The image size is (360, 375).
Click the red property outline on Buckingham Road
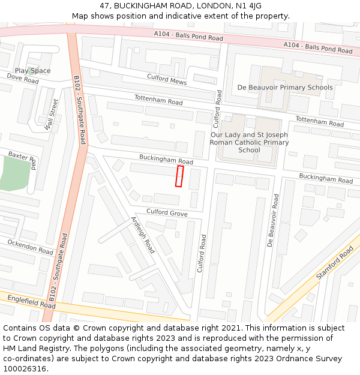pyautogui.click(x=179, y=176)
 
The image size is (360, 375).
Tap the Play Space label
pyautogui.click(x=33, y=71)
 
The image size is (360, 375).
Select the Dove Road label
pyautogui.click(x=23, y=79)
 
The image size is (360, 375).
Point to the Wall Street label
pyautogui.click(x=52, y=115)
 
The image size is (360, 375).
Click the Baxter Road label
pyautogui.click(x=23, y=160)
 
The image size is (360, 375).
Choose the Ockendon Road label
pyautogui.click(x=30, y=247)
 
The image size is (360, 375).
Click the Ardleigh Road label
pyautogui.click(x=143, y=235)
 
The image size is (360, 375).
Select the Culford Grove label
pyautogui.click(x=167, y=213)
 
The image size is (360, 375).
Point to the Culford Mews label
pyautogui.click(x=167, y=79)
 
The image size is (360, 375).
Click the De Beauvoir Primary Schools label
pyautogui.click(x=285, y=88)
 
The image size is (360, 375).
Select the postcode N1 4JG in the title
pyautogui.click(x=246, y=6)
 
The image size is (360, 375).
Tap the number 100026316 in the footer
pyautogui.click(x=24, y=368)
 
